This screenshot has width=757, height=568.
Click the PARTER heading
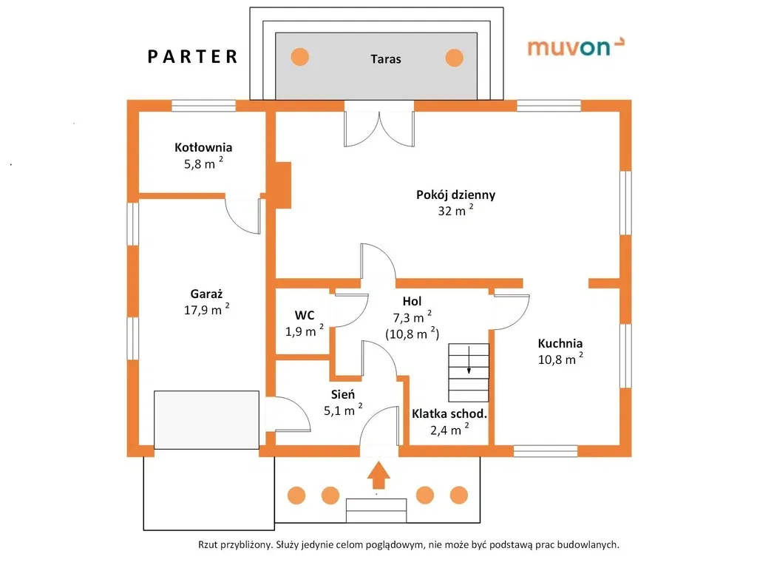pyautogui.click(x=192, y=56)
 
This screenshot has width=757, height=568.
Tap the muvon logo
pyautogui.click(x=575, y=47)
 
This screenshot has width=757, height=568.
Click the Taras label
pyautogui.click(x=386, y=59)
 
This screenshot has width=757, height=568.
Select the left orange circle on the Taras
pyautogui.click(x=300, y=57)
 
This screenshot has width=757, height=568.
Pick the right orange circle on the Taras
pyautogui.click(x=454, y=58)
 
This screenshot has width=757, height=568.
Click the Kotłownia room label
pyautogui.click(x=203, y=147)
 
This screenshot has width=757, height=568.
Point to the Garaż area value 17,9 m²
pyautogui.click(x=207, y=309)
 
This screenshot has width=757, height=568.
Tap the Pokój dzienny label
pyautogui.click(x=455, y=195)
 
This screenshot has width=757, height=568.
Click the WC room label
pyautogui.click(x=305, y=315)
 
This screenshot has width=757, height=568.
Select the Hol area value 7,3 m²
pyautogui.click(x=413, y=317)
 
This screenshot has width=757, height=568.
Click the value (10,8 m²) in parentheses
pyautogui.click(x=413, y=334)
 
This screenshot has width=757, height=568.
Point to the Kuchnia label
pyautogui.click(x=560, y=343)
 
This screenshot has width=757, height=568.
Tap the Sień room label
pyautogui.click(x=343, y=394)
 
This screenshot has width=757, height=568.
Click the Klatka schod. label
pyautogui.click(x=449, y=414)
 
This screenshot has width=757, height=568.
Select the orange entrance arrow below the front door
pyautogui.click(x=378, y=476)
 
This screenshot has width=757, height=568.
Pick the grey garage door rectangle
pyautogui.click(x=207, y=420)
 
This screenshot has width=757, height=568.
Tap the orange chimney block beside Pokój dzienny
pyautogui.click(x=283, y=185)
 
